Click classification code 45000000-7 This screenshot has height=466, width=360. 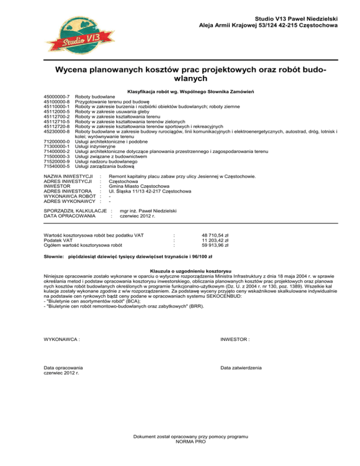coord(56,96)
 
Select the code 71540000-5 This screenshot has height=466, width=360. coord(56,165)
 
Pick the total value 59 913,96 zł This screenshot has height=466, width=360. coord(215,245)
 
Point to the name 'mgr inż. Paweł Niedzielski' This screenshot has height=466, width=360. coord(149,211)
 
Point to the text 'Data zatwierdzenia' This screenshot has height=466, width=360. coord(241,368)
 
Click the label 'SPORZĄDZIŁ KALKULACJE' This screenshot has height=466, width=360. coord(75,211)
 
